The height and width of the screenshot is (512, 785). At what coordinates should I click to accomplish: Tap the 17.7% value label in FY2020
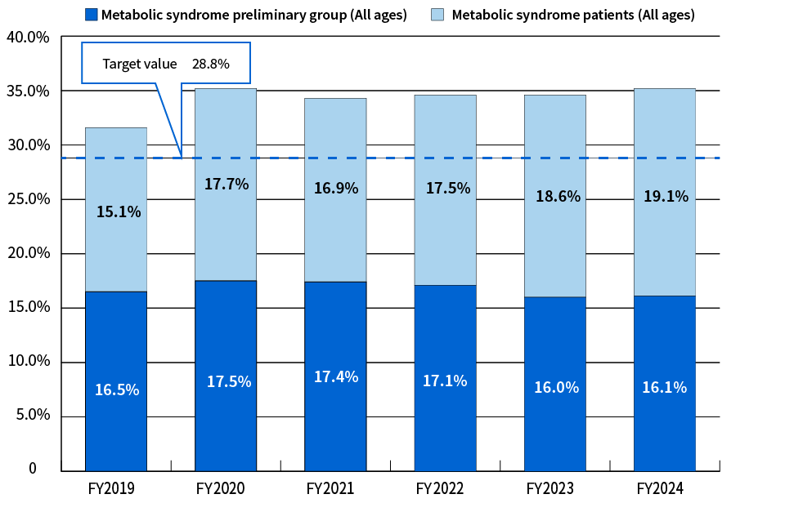[x=226, y=185]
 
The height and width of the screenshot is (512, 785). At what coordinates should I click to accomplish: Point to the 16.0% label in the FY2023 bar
[x=555, y=388]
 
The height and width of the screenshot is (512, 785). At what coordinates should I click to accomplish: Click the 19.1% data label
[x=665, y=197]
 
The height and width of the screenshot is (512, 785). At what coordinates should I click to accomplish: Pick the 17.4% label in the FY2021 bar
[x=335, y=376]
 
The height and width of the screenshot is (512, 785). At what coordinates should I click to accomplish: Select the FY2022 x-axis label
[x=444, y=489]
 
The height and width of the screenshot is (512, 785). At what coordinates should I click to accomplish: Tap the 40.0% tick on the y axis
[x=27, y=38]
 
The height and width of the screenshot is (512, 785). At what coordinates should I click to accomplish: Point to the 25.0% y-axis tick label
[x=27, y=199]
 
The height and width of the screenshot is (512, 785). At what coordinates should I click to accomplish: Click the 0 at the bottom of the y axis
[x=33, y=469]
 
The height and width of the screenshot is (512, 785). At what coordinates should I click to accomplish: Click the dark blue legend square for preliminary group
[x=91, y=15]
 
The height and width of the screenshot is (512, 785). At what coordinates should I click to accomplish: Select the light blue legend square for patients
[x=437, y=15]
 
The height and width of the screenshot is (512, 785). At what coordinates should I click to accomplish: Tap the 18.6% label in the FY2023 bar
[x=555, y=197]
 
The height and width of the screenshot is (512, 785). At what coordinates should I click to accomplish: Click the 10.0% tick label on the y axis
[x=27, y=361]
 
